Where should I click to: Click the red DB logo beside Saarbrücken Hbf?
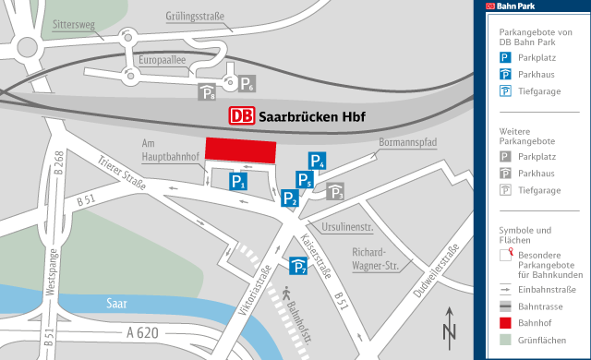(x=241, y=116)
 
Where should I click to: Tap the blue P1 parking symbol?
(x=238, y=182)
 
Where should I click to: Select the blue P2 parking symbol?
(x=290, y=198)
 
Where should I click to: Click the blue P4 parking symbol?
(x=317, y=161)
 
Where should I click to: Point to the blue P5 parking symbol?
(x=304, y=180)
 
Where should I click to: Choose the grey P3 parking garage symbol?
(x=336, y=192)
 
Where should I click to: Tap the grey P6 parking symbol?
(x=247, y=86)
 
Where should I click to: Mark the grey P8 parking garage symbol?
(x=208, y=91)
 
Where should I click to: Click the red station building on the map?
(x=240, y=150)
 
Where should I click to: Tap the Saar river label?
(x=116, y=302)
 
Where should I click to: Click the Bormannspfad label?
(x=405, y=143)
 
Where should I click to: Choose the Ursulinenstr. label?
(x=346, y=226)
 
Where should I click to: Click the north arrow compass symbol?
(x=450, y=326)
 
